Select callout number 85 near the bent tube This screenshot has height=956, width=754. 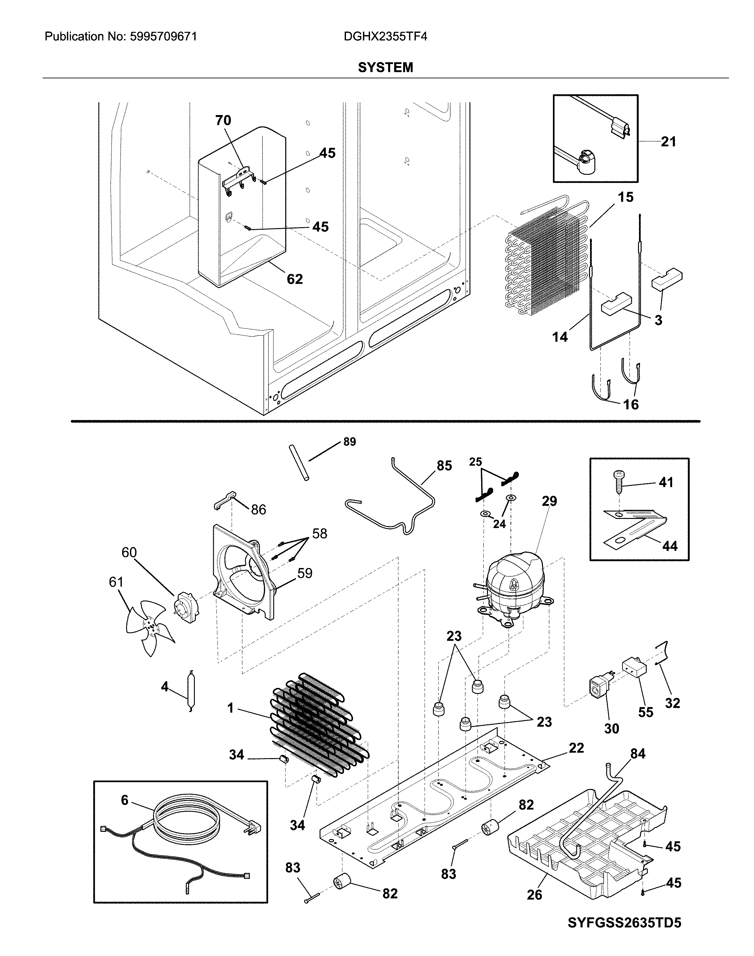[444, 466]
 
